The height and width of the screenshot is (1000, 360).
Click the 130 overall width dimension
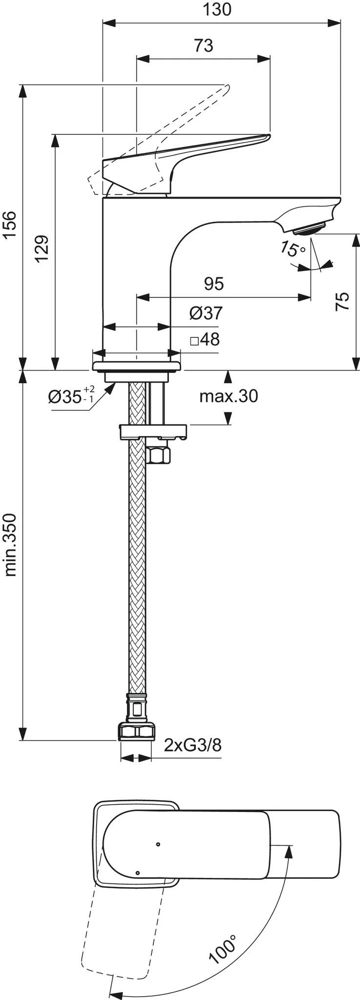218,10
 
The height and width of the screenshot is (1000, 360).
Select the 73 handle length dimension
204,45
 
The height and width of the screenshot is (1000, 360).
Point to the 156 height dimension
10,225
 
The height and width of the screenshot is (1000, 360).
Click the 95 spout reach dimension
214,284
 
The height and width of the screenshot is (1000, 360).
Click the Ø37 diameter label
206,313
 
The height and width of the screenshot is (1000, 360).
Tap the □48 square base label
205,339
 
